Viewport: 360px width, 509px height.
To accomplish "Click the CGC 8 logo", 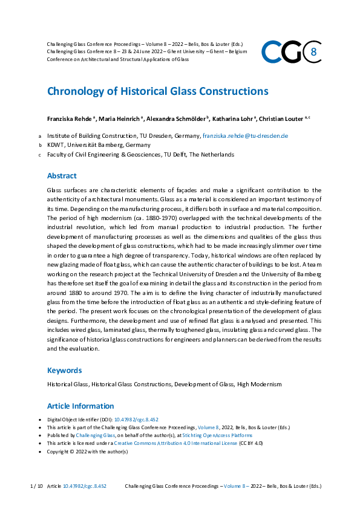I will pyautogui.click(x=290, y=52).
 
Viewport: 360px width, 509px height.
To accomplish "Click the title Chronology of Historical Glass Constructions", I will pyautogui.click(x=157, y=91).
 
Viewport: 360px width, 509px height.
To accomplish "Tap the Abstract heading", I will pyautogui.click(x=62, y=176).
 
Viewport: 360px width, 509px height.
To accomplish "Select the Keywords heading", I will pyautogui.click(x=65, y=371).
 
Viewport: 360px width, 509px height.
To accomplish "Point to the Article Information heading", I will pyautogui.click(x=80, y=406).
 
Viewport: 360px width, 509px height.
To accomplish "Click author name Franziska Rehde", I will pyautogui.click(x=68, y=118).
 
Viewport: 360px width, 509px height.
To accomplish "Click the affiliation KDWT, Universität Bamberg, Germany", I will pyautogui.click(x=99, y=145).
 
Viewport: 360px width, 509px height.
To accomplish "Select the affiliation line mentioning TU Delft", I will pyautogui.click(x=140, y=155).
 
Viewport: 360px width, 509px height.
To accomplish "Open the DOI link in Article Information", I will pyautogui.click(x=145, y=420).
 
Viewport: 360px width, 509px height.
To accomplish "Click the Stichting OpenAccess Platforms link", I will pyautogui.click(x=220, y=435).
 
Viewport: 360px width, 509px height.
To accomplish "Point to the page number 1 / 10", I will pyautogui.click(x=36, y=486).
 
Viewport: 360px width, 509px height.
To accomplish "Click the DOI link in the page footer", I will pyautogui.click(x=85, y=486).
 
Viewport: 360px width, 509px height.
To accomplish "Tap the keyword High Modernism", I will pyautogui.click(x=259, y=384).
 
